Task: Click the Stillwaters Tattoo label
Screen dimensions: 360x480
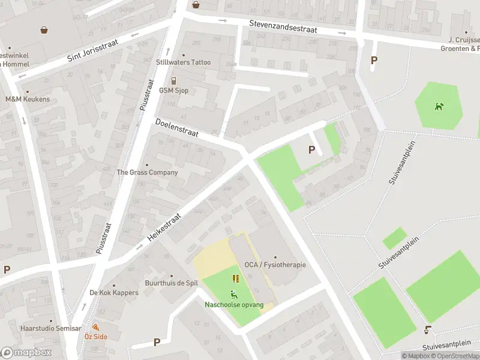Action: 184,62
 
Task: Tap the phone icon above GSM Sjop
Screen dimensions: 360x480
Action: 173,81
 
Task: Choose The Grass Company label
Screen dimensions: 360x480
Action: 147,172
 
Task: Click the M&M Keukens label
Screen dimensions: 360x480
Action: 28,99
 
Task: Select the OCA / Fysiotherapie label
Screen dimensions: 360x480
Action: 275,265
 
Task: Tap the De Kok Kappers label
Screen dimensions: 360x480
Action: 114,293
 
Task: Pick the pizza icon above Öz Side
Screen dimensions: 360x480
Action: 95,328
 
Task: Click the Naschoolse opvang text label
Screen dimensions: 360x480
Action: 234,305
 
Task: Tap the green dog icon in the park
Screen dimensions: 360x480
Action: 440,107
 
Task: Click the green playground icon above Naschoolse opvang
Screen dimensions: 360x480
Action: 233,294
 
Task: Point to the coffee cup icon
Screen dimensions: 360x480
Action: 427,329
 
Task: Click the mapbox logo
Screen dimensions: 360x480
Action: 26,353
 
